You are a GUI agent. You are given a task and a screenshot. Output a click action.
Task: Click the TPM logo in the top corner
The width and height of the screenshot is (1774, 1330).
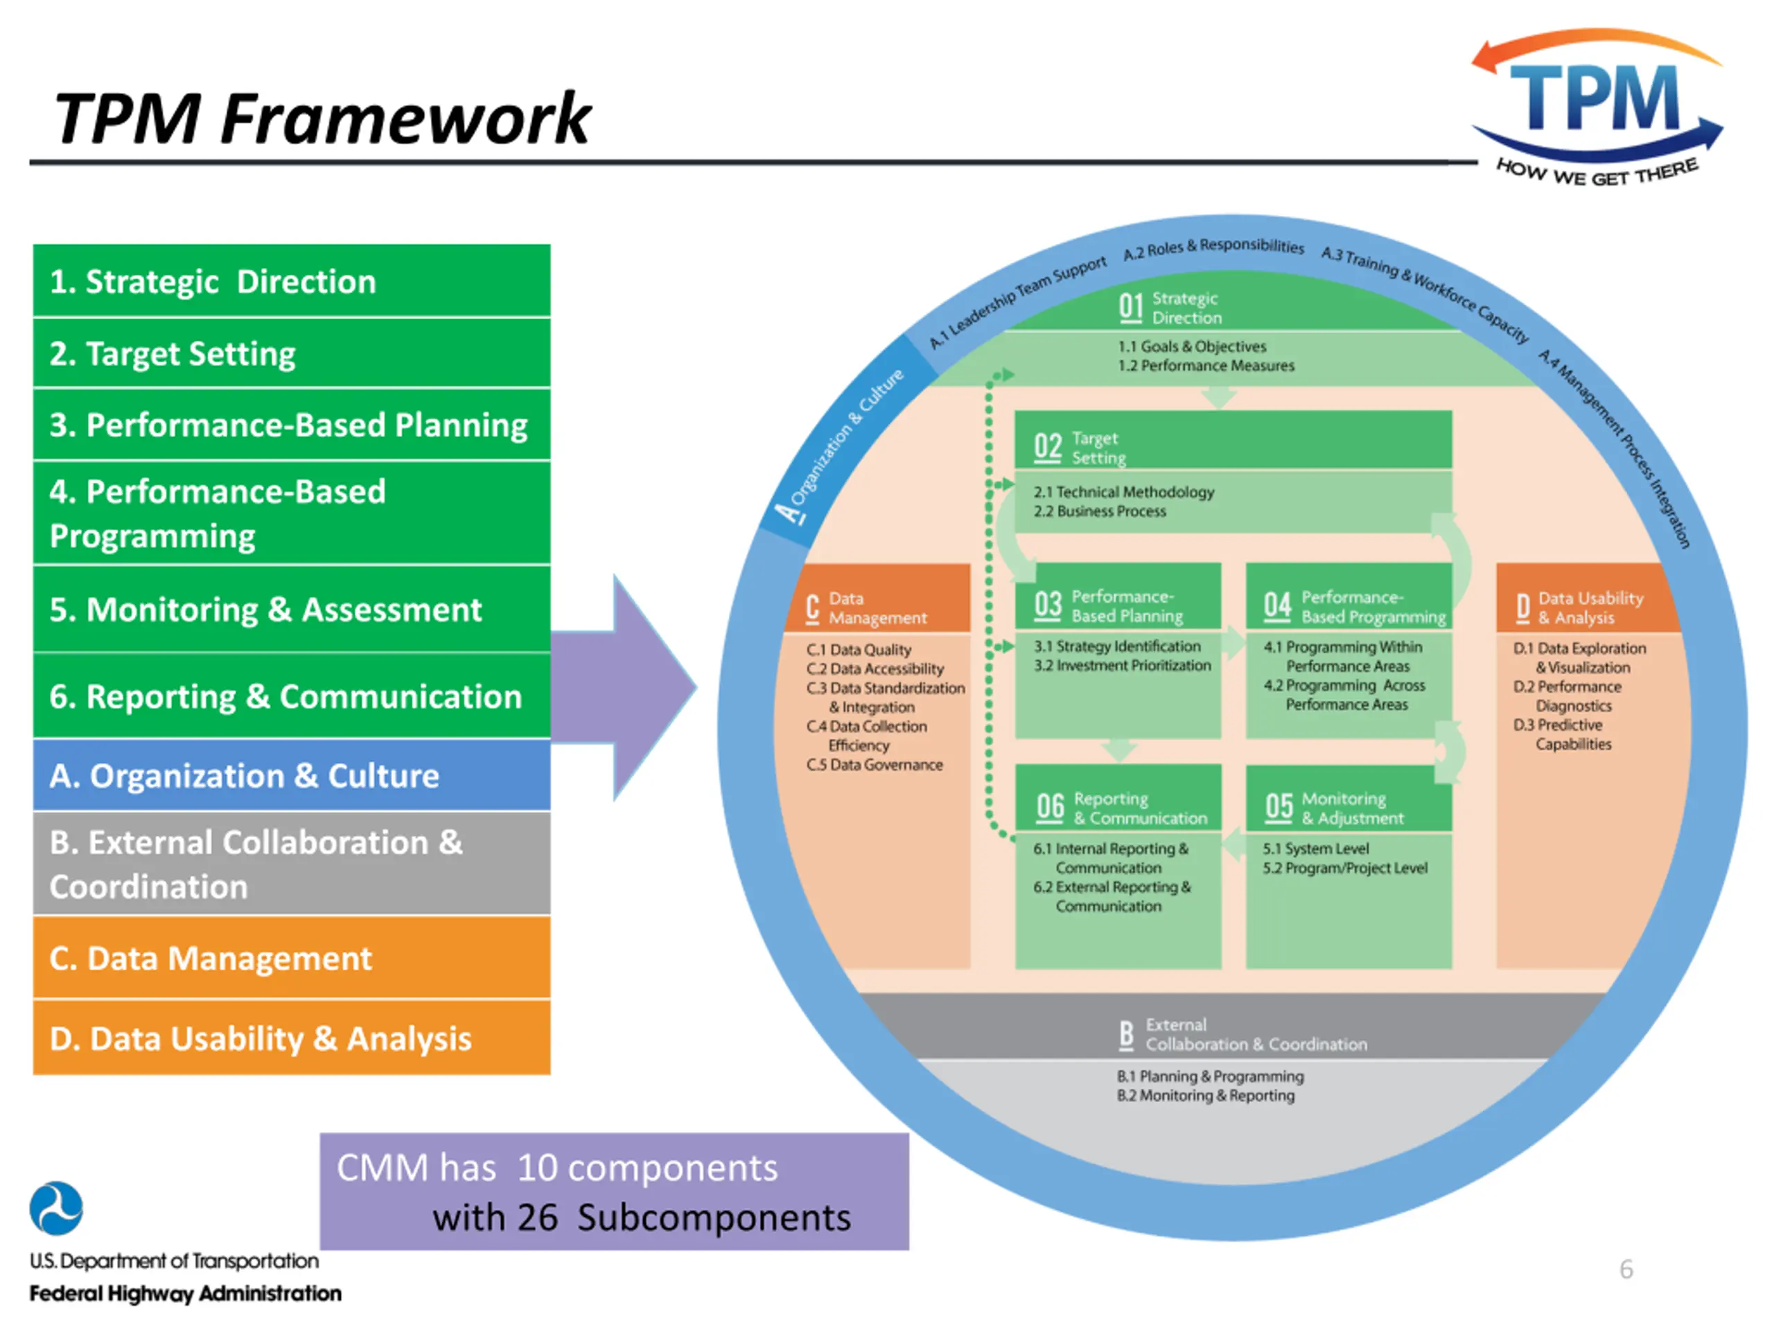click(1596, 108)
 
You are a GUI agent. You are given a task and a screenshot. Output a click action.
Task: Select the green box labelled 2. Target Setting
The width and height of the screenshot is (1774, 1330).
click(291, 353)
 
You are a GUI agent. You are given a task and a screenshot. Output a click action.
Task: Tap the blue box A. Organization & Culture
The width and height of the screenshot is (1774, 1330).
click(291, 775)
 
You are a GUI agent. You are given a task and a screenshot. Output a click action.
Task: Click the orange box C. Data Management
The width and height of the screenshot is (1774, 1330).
click(291, 958)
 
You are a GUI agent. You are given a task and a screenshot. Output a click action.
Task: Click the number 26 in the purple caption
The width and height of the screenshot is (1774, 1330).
click(537, 1218)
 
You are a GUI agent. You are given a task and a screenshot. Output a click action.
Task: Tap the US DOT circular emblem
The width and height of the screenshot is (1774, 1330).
click(56, 1208)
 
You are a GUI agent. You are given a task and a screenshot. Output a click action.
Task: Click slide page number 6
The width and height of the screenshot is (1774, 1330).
click(1626, 1269)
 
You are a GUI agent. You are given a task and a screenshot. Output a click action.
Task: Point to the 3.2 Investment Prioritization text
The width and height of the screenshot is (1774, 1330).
click(1122, 666)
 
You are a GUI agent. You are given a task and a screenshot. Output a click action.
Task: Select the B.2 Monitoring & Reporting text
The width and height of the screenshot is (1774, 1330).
click(1205, 1096)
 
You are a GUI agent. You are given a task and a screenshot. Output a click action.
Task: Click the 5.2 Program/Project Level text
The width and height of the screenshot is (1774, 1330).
click(1345, 868)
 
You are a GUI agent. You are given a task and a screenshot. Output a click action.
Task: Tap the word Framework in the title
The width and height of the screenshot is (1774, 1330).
click(405, 118)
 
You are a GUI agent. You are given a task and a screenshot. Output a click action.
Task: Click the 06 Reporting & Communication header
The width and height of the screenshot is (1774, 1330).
click(1118, 808)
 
